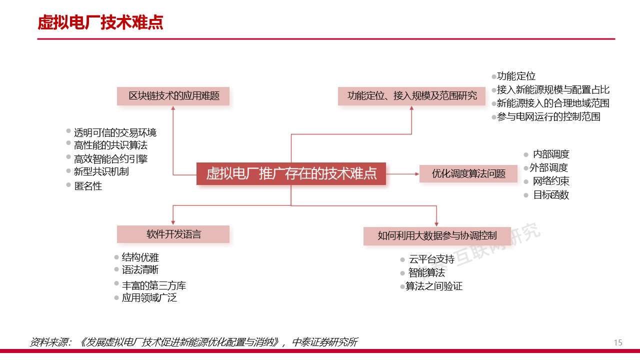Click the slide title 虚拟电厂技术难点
pyautogui.click(x=100, y=22)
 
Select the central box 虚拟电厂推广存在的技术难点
pyautogui.click(x=291, y=173)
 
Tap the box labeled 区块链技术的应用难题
pyautogui.click(x=173, y=96)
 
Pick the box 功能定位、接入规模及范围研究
pyautogui.click(x=411, y=96)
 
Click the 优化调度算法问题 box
pyautogui.click(x=468, y=173)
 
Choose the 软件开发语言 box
pyautogui.click(x=173, y=234)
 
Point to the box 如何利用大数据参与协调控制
pyautogui.click(x=436, y=235)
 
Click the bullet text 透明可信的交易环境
pyautogui.click(x=115, y=132)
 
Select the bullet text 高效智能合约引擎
pyautogui.click(x=110, y=159)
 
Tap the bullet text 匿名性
pyautogui.click(x=88, y=186)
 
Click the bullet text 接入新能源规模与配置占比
pyautogui.click(x=553, y=90)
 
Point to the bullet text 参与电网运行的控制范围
pyautogui.click(x=548, y=117)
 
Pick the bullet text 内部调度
pyautogui.click(x=551, y=154)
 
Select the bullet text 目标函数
pyautogui.click(x=551, y=195)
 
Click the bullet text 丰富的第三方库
pyautogui.click(x=154, y=286)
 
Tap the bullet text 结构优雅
pyautogui.click(x=140, y=257)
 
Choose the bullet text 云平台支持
pyautogui.click(x=431, y=259)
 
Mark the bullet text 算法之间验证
pyautogui.click(x=434, y=286)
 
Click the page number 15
pyautogui.click(x=618, y=342)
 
